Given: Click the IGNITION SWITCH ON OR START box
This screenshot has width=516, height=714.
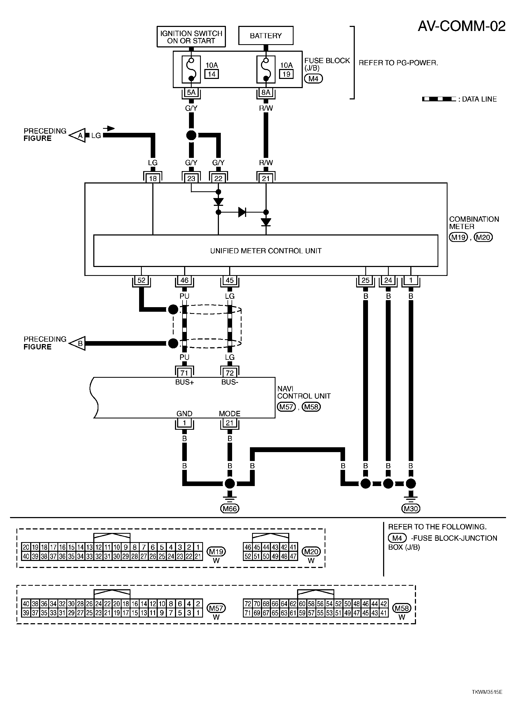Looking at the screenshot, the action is (191, 37).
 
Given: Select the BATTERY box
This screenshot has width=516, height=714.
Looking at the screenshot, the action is (266, 36).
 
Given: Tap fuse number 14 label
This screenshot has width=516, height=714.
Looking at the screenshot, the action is (212, 74).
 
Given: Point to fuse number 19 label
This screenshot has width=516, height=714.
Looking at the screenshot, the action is (286, 74).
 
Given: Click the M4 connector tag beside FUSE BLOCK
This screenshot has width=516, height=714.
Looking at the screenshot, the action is (314, 78).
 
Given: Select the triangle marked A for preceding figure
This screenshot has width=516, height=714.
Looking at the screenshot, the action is (77, 135).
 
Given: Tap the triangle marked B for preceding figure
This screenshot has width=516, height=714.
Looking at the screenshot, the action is (77, 344).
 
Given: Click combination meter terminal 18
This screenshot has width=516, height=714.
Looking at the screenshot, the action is (153, 178).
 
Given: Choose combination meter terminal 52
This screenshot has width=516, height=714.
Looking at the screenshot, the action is (142, 280).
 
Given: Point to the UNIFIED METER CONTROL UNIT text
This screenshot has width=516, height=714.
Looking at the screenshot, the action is (266, 251).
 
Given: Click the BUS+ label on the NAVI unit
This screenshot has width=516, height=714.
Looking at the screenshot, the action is (185, 382).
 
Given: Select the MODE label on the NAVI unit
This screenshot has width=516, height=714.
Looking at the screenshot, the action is (230, 414).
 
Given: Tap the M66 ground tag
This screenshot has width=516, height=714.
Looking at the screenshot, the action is (230, 508).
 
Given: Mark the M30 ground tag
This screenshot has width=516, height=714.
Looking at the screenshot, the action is (411, 508).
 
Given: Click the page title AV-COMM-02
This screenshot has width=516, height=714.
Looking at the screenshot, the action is (462, 26).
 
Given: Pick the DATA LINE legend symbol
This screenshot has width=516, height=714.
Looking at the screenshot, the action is (439, 99).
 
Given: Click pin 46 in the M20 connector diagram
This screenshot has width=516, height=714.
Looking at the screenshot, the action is (248, 547).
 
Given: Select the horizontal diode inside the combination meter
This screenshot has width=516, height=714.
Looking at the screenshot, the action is (242, 212).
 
